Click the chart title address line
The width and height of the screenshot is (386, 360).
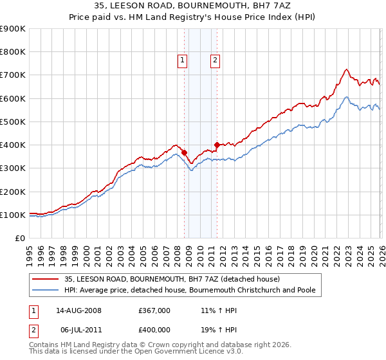point(193,6)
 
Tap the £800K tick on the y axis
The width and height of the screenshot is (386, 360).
point(13,52)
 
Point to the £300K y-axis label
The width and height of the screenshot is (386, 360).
point(13,168)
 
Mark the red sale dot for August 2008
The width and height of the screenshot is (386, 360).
point(184,152)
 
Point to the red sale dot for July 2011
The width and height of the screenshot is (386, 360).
point(217,145)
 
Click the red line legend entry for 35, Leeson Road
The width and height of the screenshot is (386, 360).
point(172,279)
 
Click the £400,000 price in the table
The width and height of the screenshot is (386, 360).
point(154,330)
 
